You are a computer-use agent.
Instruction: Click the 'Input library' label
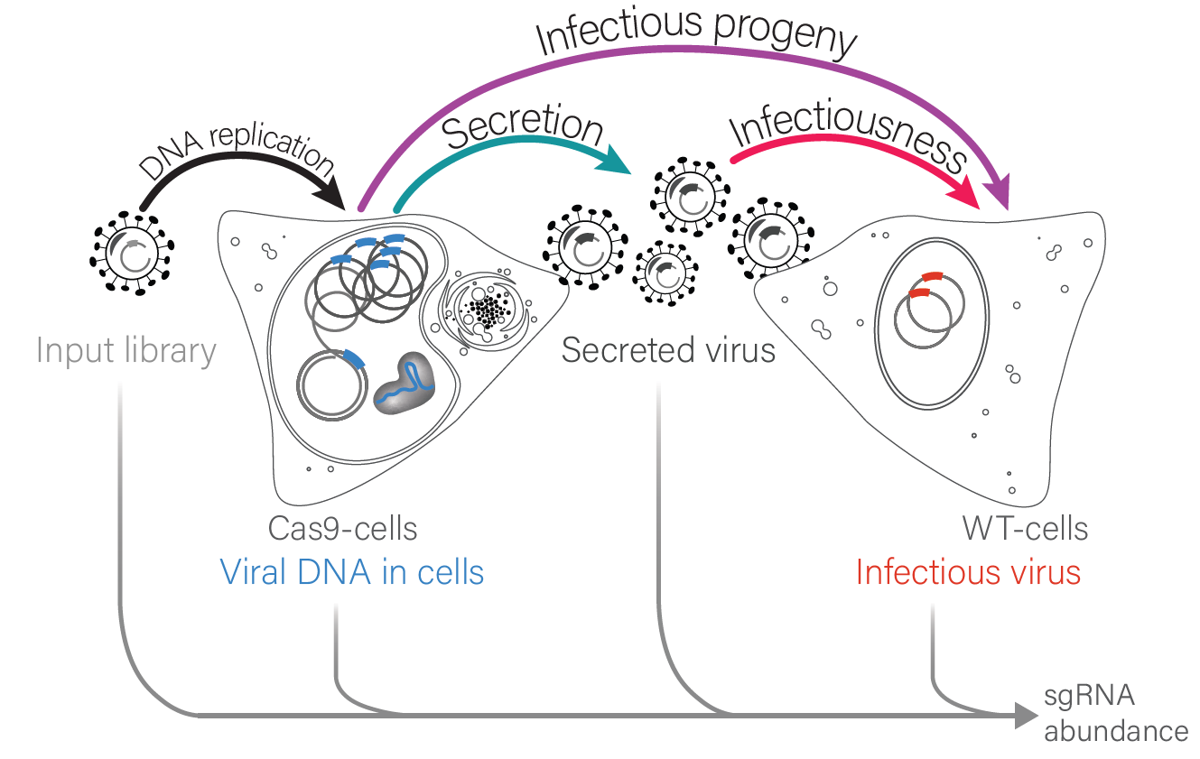[x=126, y=351]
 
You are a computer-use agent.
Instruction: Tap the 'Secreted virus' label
[x=668, y=349]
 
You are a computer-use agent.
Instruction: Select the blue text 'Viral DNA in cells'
[x=352, y=572]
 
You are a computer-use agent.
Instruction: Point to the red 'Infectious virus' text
[x=968, y=572]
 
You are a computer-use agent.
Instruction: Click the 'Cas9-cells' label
[x=343, y=528]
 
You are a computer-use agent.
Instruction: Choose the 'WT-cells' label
[x=1025, y=528]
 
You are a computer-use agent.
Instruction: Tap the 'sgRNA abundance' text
[x=1116, y=713]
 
